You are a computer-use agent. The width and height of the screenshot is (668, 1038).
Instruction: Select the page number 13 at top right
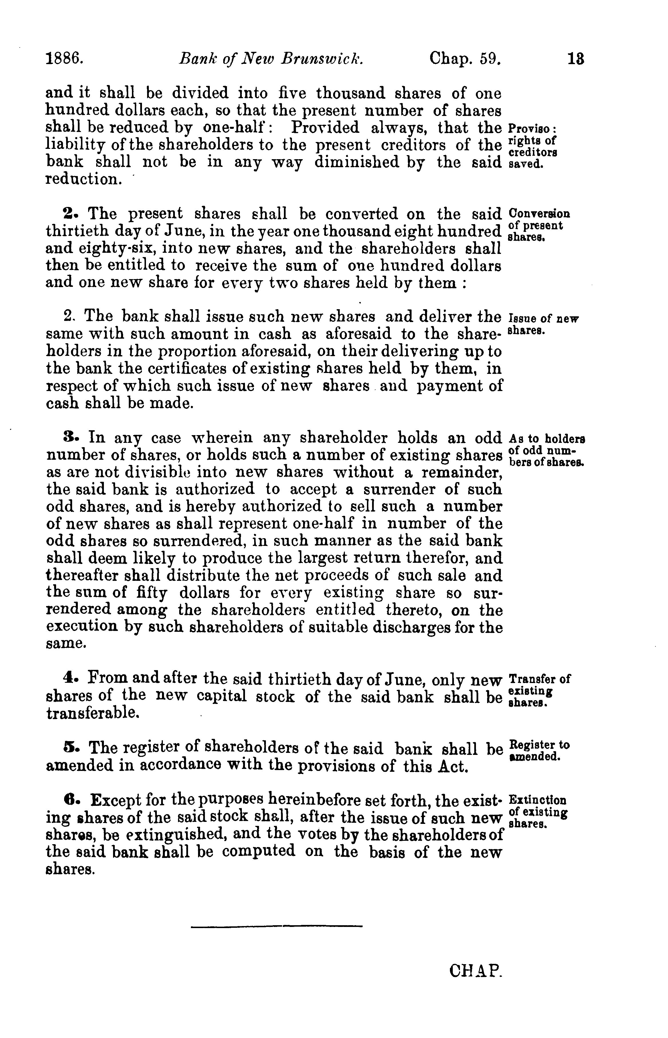click(x=576, y=58)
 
